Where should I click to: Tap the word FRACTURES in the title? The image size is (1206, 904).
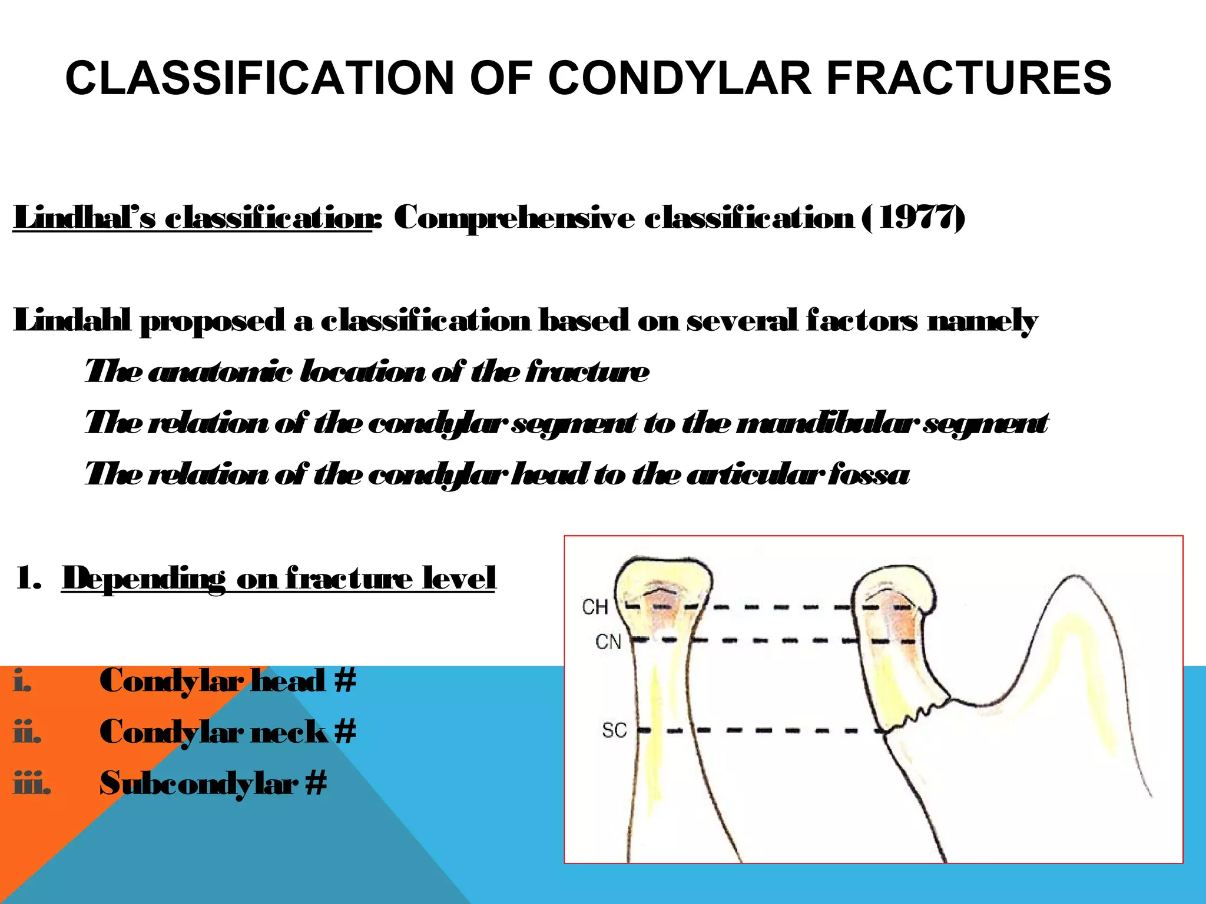click(969, 78)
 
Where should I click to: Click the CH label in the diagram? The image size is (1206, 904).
click(595, 607)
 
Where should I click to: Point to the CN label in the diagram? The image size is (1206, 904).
click(608, 641)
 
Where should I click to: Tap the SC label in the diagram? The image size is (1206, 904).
click(614, 730)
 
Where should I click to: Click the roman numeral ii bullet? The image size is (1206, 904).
click(27, 732)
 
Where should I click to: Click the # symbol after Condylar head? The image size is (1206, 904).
click(345, 680)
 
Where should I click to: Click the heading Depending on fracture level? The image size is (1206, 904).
click(279, 578)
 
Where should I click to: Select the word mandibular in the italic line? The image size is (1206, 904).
click(827, 423)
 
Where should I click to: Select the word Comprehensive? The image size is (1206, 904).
click(515, 218)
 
